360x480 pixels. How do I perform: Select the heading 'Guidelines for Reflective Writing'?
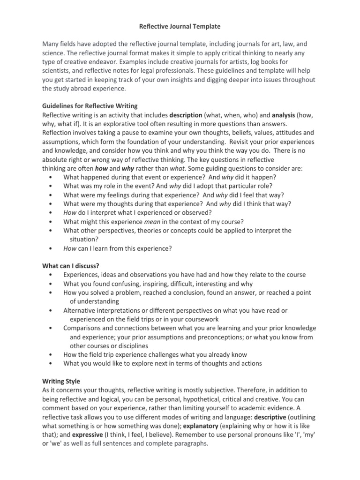tap(90, 106)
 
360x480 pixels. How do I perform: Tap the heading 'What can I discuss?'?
tap(70, 265)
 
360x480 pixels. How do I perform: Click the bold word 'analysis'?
tap(286, 115)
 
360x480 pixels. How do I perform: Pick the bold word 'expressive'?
tap(74, 435)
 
